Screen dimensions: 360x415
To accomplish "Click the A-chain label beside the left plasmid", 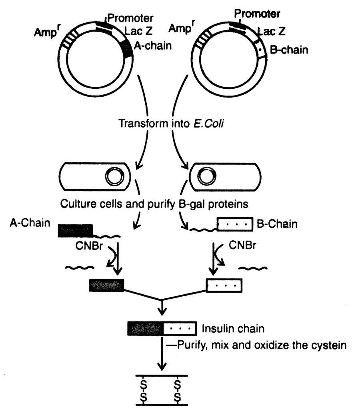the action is [x=153, y=46].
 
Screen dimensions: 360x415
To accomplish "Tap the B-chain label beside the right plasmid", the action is [x=289, y=50].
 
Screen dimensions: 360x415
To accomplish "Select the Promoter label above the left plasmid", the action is [x=130, y=18].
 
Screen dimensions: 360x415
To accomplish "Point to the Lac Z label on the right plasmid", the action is [x=272, y=31].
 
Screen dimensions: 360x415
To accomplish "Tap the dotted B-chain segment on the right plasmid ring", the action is [x=260, y=50].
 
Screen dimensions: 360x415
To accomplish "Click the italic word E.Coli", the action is [x=208, y=124].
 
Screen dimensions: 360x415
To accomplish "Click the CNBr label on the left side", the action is [x=89, y=246].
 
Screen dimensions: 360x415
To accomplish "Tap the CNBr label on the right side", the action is [x=242, y=245].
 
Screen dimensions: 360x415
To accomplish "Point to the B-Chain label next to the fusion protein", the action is [x=277, y=224].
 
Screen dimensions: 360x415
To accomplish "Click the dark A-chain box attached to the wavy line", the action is [x=76, y=231].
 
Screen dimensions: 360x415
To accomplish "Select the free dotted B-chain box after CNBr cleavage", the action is [x=224, y=285].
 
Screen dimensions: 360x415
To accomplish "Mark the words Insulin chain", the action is [x=233, y=329].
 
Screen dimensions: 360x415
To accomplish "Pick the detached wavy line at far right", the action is [x=253, y=268].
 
